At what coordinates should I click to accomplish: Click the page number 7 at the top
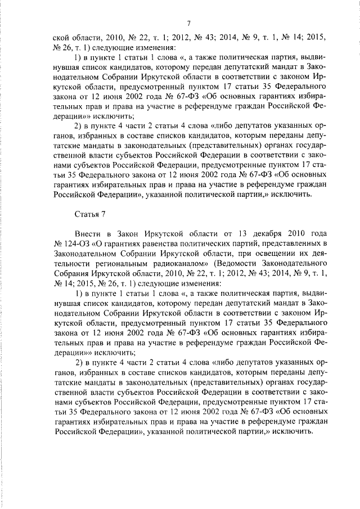pos(189,23)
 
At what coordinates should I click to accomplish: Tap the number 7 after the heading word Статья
pos(102,213)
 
